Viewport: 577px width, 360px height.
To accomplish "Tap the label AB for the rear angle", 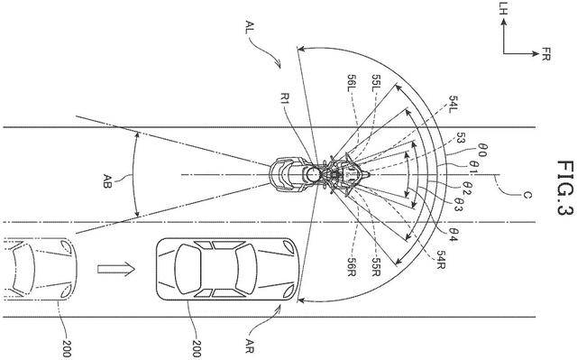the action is click(107, 181).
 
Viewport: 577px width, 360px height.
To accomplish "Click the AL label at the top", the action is click(251, 28).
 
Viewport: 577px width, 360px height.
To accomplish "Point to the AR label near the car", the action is click(250, 346).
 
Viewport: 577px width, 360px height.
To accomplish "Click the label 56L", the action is click(353, 84).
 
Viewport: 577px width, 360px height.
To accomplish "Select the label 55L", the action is click(376, 84).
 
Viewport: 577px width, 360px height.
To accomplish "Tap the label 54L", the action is click(453, 104).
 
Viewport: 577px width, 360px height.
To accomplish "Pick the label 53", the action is click(460, 138).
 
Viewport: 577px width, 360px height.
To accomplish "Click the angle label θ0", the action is click(482, 150).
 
